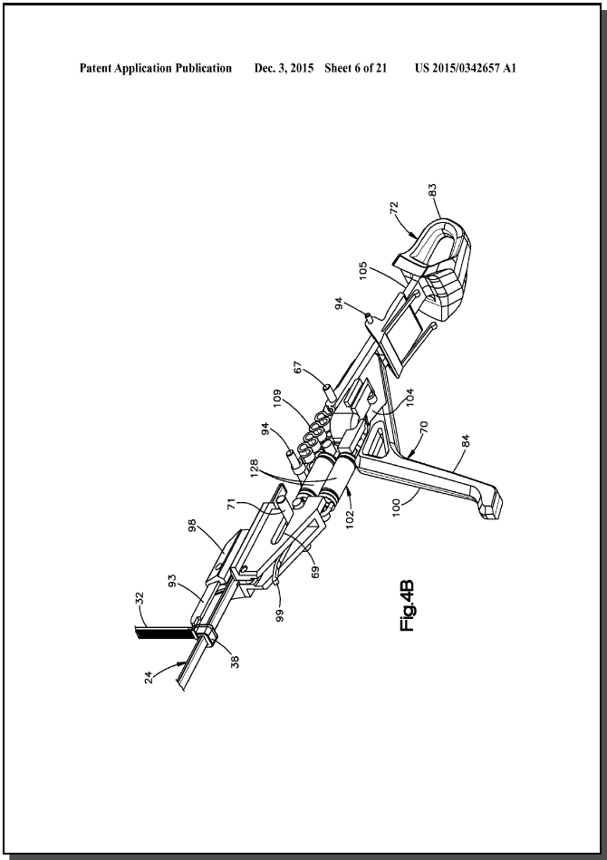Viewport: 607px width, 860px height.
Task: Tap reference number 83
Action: pos(433,189)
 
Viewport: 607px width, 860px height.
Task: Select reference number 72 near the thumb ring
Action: pos(394,209)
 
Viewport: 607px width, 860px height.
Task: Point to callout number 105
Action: pos(363,270)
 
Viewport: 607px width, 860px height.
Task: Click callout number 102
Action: pos(351,519)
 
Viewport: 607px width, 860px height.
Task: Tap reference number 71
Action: pos(231,504)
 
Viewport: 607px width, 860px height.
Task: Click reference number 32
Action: pos(139,597)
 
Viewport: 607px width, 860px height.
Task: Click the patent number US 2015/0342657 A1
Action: pos(466,68)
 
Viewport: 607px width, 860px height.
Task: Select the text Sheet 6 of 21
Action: pos(356,68)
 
